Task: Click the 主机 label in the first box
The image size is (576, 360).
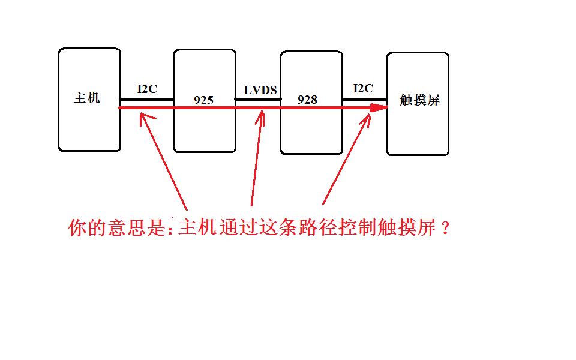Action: (87, 98)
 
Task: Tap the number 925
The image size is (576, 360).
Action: (204, 100)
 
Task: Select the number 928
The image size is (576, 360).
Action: (307, 100)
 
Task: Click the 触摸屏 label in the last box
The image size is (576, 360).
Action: (420, 100)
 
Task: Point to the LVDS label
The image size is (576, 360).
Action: (260, 91)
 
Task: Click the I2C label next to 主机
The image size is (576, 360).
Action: (147, 89)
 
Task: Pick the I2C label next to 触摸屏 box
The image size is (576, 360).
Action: (363, 89)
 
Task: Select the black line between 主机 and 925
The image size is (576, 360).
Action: (147, 99)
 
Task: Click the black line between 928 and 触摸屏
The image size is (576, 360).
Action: (364, 99)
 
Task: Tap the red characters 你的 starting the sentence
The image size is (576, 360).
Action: (88, 229)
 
